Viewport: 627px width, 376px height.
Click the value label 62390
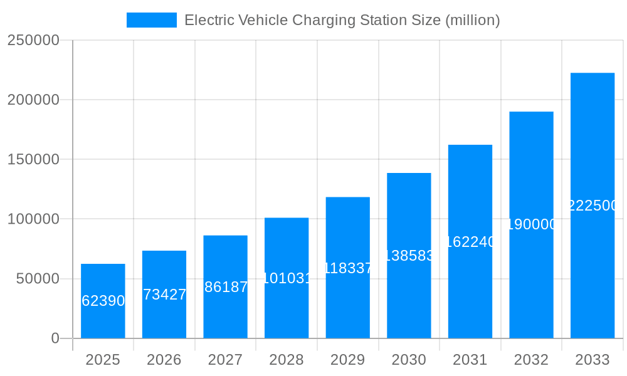pos(103,301)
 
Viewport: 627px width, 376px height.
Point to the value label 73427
pos(164,295)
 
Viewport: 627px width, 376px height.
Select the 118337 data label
pos(348,269)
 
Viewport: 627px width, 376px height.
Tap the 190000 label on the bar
pos(531,224)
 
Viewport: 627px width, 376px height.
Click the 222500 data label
pos(593,206)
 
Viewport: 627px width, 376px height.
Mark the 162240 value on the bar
pos(470,242)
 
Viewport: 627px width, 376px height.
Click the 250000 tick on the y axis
pos(33,40)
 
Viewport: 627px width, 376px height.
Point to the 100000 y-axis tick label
pos(33,219)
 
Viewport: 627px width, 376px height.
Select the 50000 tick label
pos(36,279)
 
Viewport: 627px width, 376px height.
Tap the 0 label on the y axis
pos(55,338)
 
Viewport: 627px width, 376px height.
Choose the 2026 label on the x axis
pos(164,360)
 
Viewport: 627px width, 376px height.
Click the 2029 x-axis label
pos(348,360)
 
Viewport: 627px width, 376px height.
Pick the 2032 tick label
pos(531,360)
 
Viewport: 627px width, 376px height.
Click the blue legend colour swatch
pos(152,20)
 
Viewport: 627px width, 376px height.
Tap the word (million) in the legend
pos(472,20)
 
